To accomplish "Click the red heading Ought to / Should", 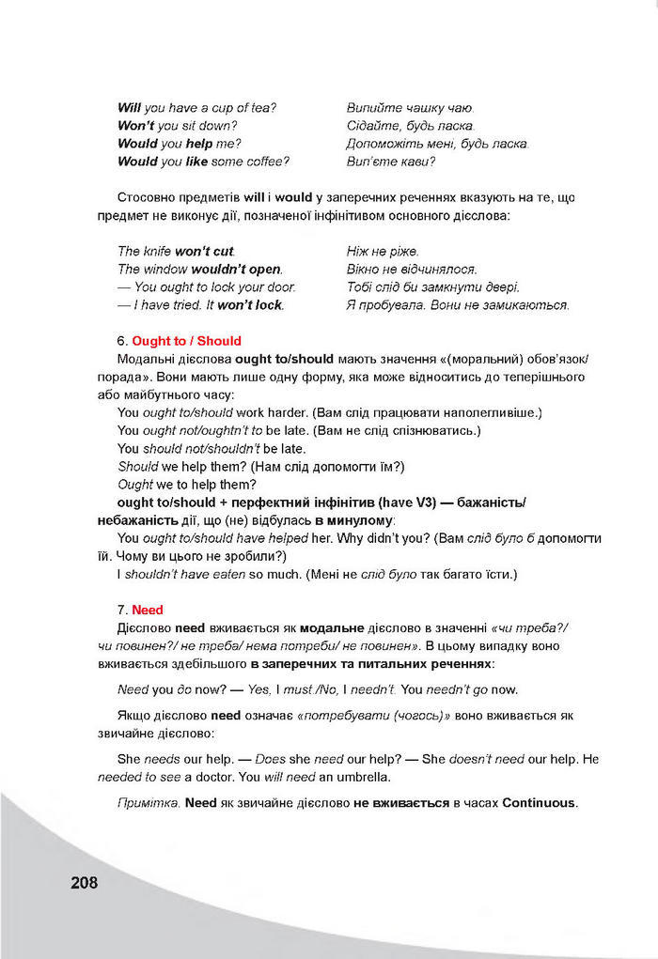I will (x=186, y=341).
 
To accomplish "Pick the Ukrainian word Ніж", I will (x=358, y=252).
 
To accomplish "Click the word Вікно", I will (x=364, y=270).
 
